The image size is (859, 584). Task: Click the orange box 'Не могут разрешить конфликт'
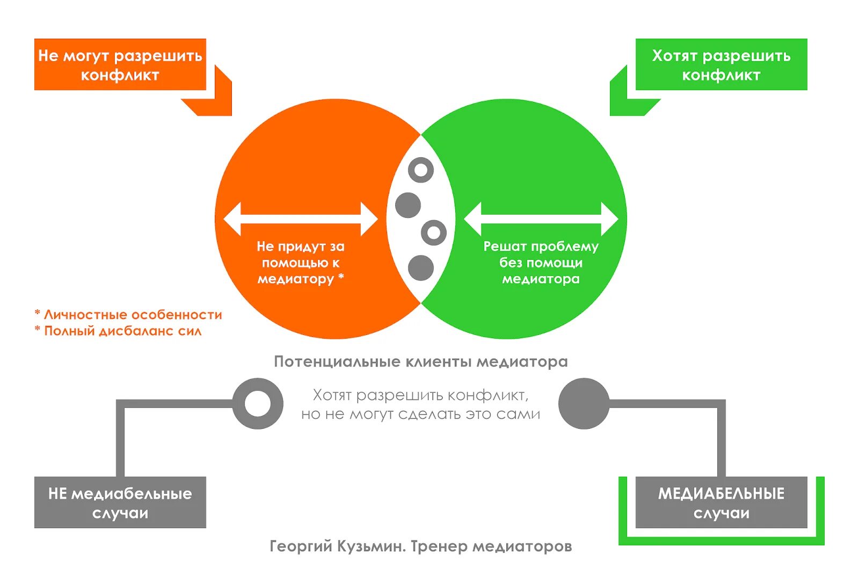[x=120, y=64]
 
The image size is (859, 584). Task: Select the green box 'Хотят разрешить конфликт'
[x=721, y=64]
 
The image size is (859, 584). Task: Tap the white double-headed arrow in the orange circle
[x=301, y=219]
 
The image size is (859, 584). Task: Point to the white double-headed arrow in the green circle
[x=541, y=219]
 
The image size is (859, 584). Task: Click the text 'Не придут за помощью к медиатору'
[x=301, y=262]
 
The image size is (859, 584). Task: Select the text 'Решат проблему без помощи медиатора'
[x=541, y=262]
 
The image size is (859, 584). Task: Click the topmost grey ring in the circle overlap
[x=421, y=170]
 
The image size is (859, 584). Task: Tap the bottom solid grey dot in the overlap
[x=421, y=268]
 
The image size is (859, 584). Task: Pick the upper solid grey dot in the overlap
[x=408, y=205]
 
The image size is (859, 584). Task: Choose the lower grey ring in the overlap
[x=434, y=233]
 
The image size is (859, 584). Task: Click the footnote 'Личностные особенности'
[x=133, y=315]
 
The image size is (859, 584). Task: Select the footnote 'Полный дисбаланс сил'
[x=122, y=331]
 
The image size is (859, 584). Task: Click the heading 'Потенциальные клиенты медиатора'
[x=421, y=361]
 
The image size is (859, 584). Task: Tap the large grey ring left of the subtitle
[x=258, y=404]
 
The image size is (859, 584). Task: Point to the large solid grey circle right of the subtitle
[x=584, y=404]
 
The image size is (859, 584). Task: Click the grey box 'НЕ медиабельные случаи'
[x=120, y=502]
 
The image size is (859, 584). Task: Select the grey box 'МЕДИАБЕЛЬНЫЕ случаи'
[x=721, y=502]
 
